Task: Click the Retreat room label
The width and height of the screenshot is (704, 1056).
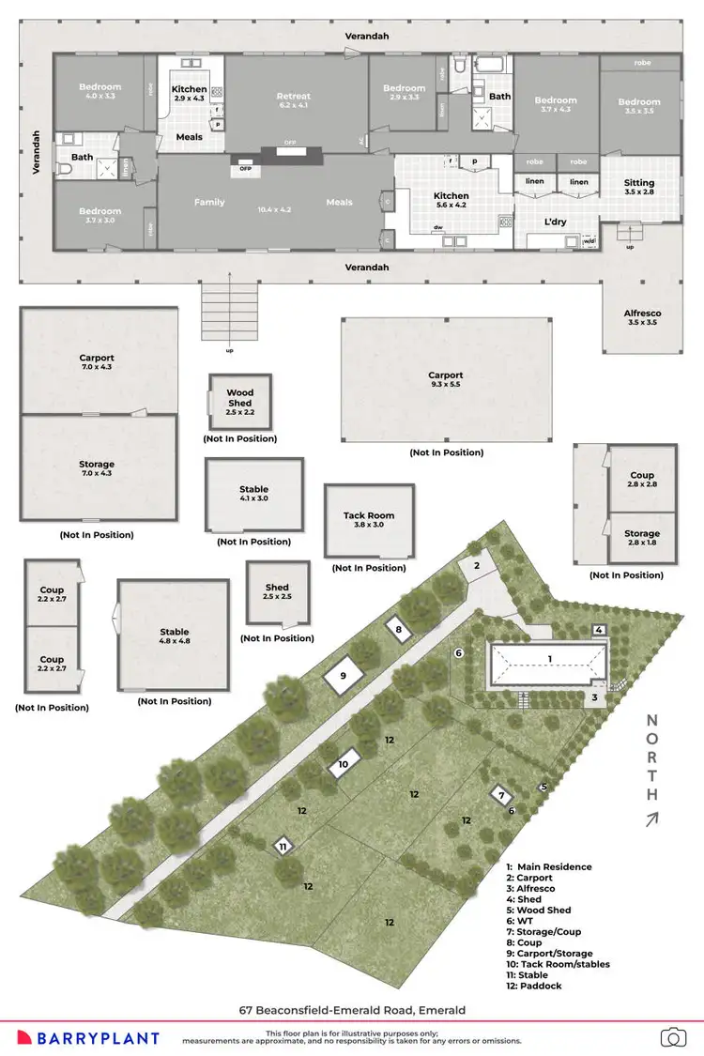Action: [x=293, y=96]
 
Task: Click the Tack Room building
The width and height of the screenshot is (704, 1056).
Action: [x=369, y=520]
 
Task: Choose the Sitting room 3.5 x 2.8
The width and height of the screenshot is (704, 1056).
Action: [x=638, y=187]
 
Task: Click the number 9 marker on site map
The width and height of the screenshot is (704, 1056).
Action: [x=343, y=675]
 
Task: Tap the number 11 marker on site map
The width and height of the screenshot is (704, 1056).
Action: [x=283, y=846]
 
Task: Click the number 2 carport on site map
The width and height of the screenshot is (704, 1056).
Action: [x=476, y=565]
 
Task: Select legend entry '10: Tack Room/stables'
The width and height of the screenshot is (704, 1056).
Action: [x=558, y=964]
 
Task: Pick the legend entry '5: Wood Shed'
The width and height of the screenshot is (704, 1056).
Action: [x=539, y=911]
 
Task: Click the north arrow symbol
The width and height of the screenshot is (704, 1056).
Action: [x=650, y=819]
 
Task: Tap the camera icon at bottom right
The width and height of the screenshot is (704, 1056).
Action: [x=672, y=1036]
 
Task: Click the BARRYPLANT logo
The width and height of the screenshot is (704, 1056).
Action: [x=98, y=1037]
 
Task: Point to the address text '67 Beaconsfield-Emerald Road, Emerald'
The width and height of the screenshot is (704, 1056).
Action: [x=352, y=1010]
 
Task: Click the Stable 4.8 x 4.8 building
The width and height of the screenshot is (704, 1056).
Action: [x=174, y=635]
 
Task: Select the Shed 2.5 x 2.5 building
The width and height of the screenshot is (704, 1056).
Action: [x=277, y=592]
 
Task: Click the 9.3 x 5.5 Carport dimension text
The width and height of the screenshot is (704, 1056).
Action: [x=446, y=386]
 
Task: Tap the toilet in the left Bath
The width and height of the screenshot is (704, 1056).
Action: [x=66, y=169]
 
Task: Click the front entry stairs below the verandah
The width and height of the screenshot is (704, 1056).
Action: [x=228, y=313]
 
